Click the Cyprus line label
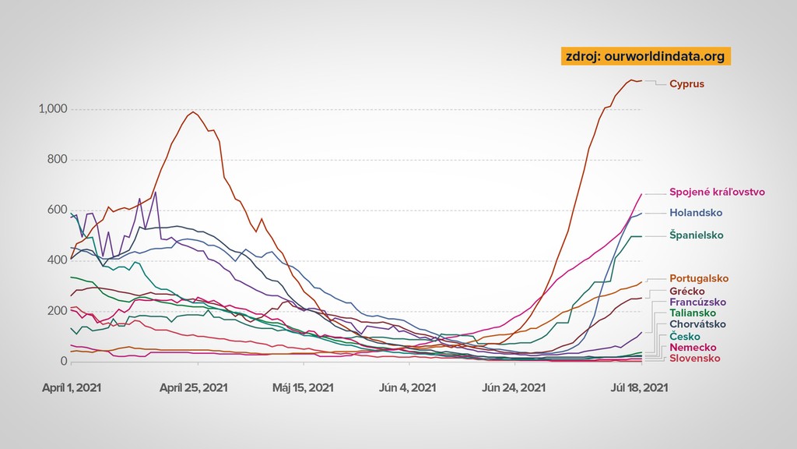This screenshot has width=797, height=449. click(686, 83)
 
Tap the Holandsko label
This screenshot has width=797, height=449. click(696, 213)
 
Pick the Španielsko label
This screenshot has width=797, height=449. click(697, 235)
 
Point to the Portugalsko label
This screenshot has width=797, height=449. click(698, 278)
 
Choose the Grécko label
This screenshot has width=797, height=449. click(687, 291)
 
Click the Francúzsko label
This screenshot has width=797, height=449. click(698, 302)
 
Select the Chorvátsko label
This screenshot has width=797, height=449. click(698, 324)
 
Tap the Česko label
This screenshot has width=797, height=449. click(685, 336)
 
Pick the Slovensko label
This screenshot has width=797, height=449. click(694, 358)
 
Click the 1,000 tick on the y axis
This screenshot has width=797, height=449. click(53, 109)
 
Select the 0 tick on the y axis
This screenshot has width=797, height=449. click(64, 362)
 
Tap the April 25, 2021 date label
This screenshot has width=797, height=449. click(193, 387)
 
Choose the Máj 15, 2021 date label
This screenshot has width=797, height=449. click(303, 387)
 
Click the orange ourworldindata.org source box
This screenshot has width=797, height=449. click(645, 56)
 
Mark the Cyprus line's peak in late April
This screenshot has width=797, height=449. click(193, 112)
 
